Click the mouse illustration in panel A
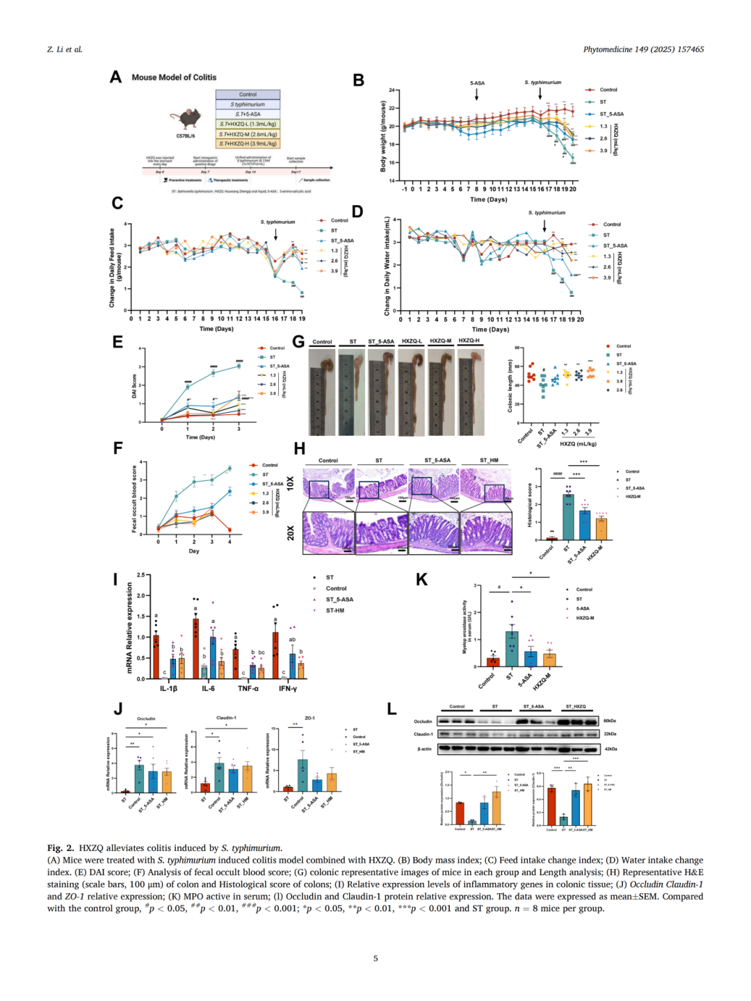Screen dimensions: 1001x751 tap(188, 118)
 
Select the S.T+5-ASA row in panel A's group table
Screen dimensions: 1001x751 tap(248, 114)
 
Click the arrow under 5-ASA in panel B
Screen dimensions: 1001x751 tap(477, 94)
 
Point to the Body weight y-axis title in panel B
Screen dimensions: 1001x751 tap(383, 136)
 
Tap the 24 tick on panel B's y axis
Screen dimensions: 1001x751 tap(392, 90)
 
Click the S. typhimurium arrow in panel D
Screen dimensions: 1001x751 tap(544, 226)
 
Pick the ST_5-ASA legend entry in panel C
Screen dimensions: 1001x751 tap(341, 241)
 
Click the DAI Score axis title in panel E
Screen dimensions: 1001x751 tap(134, 386)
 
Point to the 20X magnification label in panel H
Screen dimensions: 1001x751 tap(291, 532)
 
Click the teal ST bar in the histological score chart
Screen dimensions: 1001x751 tap(568, 516)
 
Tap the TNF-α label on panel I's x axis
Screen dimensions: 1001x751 tap(248, 688)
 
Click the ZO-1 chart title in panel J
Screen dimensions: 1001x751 tap(309, 718)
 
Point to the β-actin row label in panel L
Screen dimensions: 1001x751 tap(424, 749)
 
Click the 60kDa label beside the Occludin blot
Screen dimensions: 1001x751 tap(610, 721)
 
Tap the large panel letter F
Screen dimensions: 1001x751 tap(118, 448)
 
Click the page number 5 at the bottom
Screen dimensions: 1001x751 tap(375, 959)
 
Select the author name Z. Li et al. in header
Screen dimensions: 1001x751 tap(65, 49)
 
